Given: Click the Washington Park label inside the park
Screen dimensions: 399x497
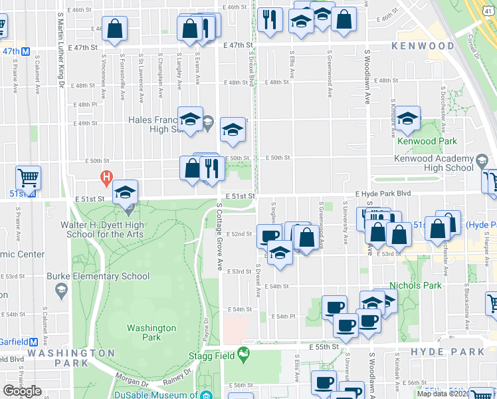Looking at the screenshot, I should [151, 332].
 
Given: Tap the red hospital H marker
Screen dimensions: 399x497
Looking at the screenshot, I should [105, 177].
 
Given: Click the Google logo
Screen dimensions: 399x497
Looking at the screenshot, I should [22, 390].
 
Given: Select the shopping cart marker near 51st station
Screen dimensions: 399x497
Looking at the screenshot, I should [29, 178].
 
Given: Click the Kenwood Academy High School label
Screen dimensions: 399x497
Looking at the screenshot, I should [442, 163].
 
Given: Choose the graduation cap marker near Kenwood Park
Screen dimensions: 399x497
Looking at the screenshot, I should [407, 118].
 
